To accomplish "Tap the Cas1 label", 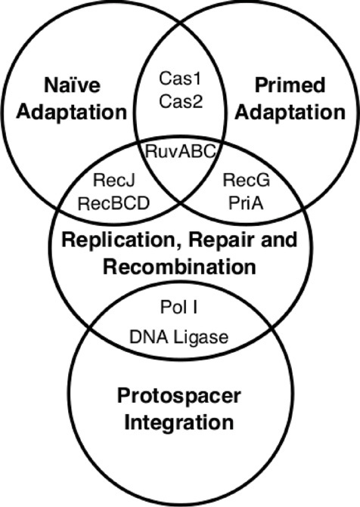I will (179, 77).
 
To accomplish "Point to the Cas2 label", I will (179, 100).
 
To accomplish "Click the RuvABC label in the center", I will (180, 152).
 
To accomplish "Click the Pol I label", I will (179, 310).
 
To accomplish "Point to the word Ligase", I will (200, 337).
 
